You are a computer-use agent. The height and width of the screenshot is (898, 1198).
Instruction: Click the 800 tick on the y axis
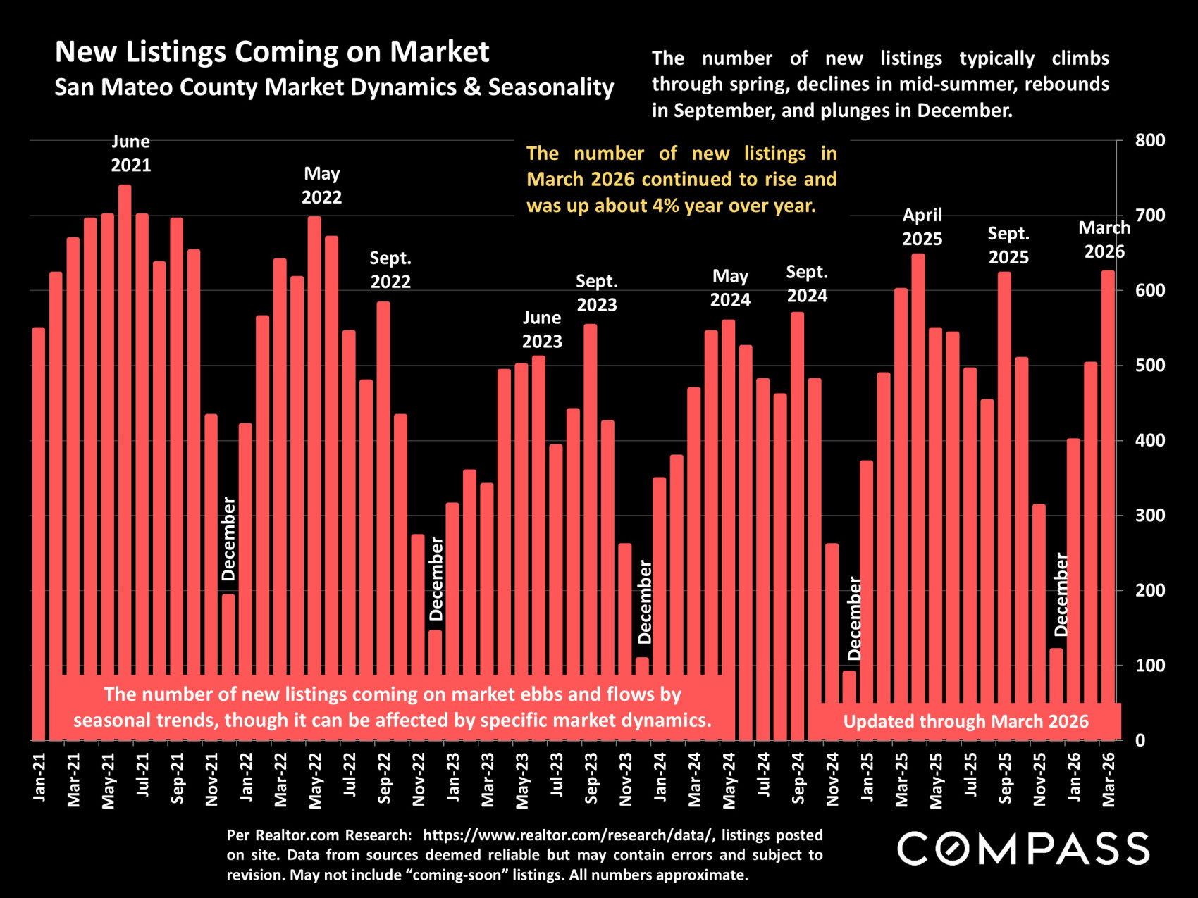click(x=1150, y=140)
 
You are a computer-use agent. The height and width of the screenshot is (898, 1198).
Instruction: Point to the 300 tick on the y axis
click(x=1150, y=515)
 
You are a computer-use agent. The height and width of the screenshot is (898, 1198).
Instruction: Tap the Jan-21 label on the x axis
click(x=39, y=777)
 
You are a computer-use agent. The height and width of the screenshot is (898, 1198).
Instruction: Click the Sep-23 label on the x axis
click(x=591, y=778)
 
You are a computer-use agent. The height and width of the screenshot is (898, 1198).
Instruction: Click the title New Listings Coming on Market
click(x=272, y=51)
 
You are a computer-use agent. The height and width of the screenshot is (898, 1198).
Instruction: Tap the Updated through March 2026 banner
click(x=965, y=721)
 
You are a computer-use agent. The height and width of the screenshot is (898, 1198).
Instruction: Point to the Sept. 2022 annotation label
click(x=390, y=270)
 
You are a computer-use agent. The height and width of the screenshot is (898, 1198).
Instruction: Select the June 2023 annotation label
click(x=542, y=330)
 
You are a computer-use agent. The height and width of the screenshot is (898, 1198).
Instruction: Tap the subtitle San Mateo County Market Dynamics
click(x=334, y=87)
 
